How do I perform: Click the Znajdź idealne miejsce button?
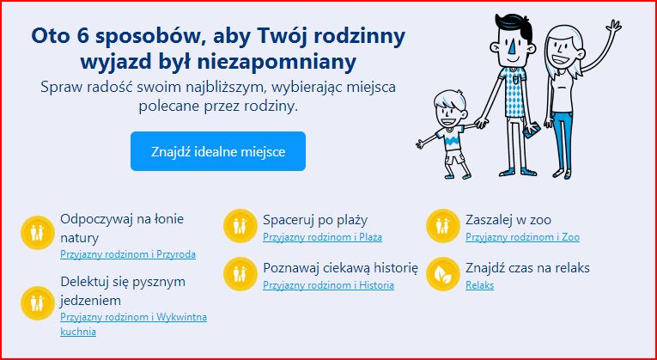218,151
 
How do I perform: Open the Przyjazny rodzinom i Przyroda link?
128,254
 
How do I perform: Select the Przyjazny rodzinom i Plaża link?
322,237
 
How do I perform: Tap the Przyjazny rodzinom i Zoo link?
522,237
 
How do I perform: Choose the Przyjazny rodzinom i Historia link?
328,285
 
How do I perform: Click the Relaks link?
479,285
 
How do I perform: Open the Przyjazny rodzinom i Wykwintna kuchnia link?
133,325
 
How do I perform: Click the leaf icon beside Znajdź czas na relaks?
443,274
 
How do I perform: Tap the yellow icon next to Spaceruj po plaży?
240,226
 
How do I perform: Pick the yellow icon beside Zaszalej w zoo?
443,226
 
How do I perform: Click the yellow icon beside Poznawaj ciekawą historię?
240,274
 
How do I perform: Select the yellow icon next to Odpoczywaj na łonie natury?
37,233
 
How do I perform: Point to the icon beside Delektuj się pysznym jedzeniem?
37,303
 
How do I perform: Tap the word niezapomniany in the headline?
277,62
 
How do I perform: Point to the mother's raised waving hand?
613,28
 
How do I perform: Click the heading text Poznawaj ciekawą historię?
340,268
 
